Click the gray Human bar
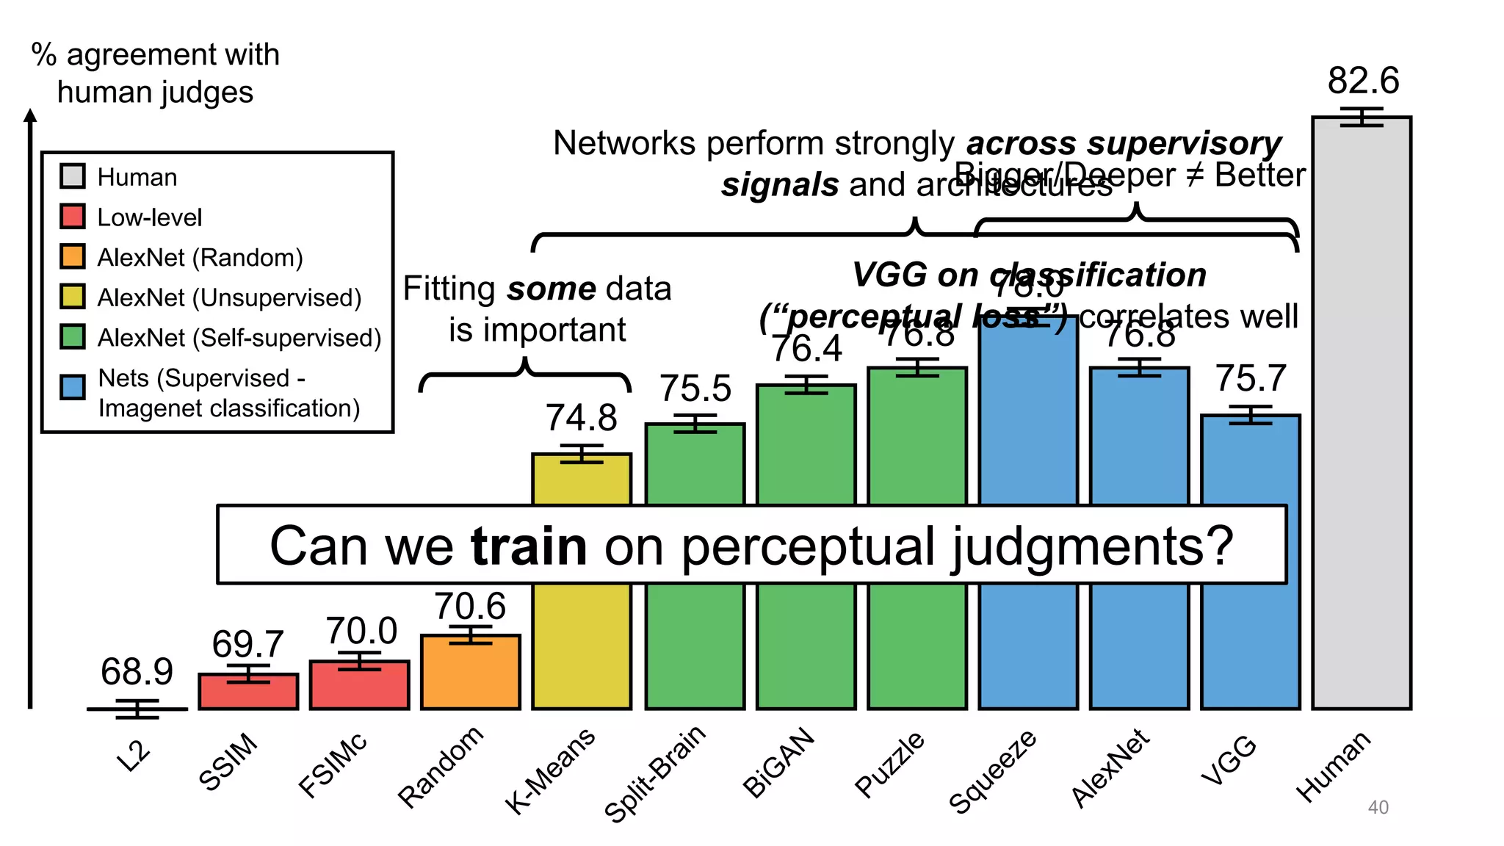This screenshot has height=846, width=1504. coord(1361,411)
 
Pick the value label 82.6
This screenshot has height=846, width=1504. coord(1363,81)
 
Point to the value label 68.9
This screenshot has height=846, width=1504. coord(137,671)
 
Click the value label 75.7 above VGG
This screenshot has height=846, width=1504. coord(1251,379)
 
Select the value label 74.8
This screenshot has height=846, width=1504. coord(581,419)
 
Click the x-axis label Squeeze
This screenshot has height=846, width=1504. coord(993,771)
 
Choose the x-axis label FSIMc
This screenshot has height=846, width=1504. coord(333,765)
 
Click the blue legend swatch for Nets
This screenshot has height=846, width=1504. coord(73,387)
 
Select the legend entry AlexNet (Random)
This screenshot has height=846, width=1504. coord(200,258)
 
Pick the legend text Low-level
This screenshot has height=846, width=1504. coord(149,217)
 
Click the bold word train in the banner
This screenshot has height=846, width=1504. coord(529,546)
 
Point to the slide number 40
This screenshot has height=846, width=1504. coord(1378,807)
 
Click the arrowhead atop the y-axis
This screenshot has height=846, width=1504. coord(30,115)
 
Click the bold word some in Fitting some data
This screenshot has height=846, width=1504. coord(552,289)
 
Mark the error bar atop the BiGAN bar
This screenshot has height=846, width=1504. coord(806,384)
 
